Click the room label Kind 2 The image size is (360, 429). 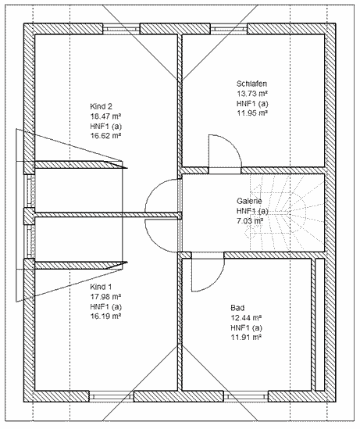point(101,106)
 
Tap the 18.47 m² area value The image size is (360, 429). point(105,116)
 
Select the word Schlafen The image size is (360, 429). point(251,84)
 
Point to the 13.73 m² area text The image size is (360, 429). point(252,94)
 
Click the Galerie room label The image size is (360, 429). point(249,201)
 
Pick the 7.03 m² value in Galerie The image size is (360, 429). point(250,221)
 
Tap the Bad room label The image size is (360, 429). point(237,308)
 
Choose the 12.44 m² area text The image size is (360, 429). point(246,318)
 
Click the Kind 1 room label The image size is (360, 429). point(101,287)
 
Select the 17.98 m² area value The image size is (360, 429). point(105,297)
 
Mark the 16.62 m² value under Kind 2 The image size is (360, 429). point(105,136)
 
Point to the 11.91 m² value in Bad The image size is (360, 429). point(246,338)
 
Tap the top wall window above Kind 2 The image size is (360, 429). point(121,29)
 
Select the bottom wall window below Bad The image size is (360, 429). point(246,396)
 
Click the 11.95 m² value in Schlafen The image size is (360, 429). point(252,113)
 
